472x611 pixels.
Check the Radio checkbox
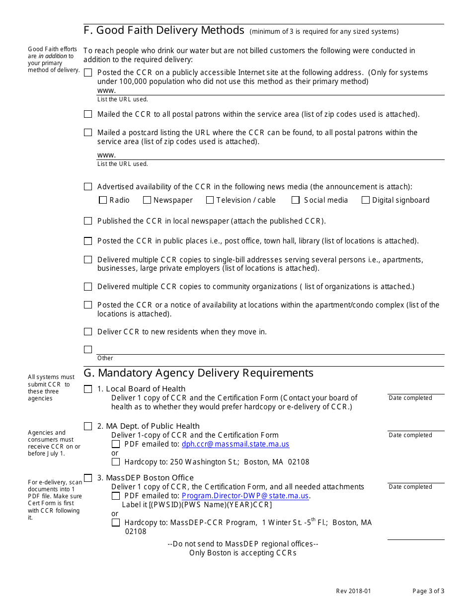pyautogui.click(x=103, y=200)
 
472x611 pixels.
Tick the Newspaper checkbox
pyautogui.click(x=147, y=200)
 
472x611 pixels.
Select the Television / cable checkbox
pyautogui.click(x=210, y=200)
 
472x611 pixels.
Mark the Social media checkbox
pyautogui.click(x=296, y=200)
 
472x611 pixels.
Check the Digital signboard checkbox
pyautogui.click(x=366, y=200)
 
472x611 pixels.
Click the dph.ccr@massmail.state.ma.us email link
pyautogui.click(x=235, y=444)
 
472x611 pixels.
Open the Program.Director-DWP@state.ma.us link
pyautogui.click(x=245, y=496)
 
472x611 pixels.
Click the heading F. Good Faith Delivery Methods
pyautogui.click(x=164, y=30)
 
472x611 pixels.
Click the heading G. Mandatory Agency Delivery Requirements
pyautogui.click(x=199, y=373)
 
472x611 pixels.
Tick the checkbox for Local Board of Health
pyautogui.click(x=88, y=389)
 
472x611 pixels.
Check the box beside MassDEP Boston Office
pyautogui.click(x=88, y=478)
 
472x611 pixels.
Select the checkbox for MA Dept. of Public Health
pyautogui.click(x=88, y=426)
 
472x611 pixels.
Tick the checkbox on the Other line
pyautogui.click(x=88, y=349)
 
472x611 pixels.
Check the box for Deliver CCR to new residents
pyautogui.click(x=88, y=332)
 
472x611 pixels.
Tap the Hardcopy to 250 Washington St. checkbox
pyautogui.click(x=116, y=462)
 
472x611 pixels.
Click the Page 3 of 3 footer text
pyautogui.click(x=428, y=591)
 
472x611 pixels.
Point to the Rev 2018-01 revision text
pyautogui.click(x=353, y=591)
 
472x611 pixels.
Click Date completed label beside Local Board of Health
pyautogui.click(x=410, y=398)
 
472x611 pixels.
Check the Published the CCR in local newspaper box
pyautogui.click(x=88, y=221)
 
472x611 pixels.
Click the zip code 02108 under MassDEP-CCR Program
pyautogui.click(x=136, y=532)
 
